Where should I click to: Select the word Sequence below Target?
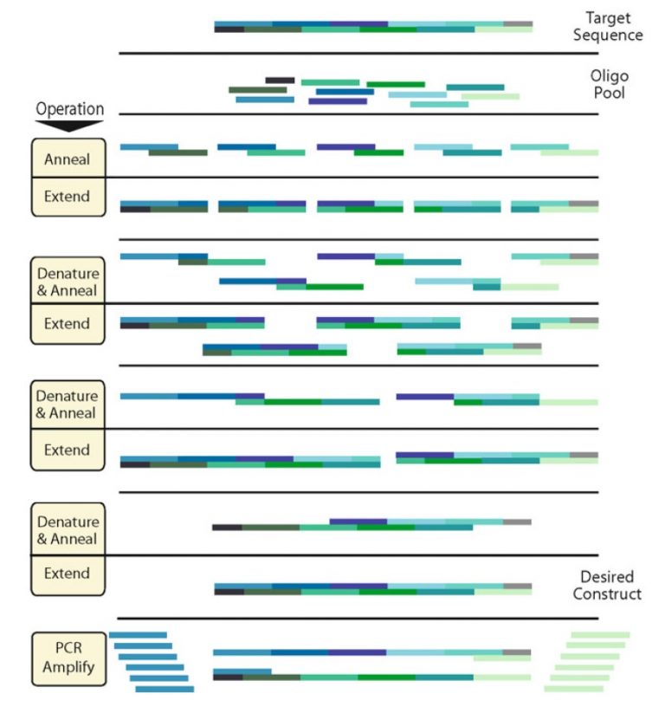pyautogui.click(x=607, y=36)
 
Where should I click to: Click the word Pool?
pyautogui.click(x=608, y=94)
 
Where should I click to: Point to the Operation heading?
pyautogui.click(x=69, y=109)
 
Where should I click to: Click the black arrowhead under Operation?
pyautogui.click(x=69, y=125)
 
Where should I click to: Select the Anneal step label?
pyautogui.click(x=68, y=159)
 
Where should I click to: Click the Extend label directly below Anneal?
pyautogui.click(x=68, y=197)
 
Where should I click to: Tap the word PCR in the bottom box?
pyautogui.click(x=68, y=651)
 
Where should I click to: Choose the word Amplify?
pyautogui.click(x=68, y=668)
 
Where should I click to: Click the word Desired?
pyautogui.click(x=607, y=577)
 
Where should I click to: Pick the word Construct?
pyautogui.click(x=607, y=594)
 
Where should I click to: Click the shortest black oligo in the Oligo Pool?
pyautogui.click(x=280, y=80)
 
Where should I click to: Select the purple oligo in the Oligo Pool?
pyautogui.click(x=337, y=101)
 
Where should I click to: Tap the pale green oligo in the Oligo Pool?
pyautogui.click(x=490, y=96)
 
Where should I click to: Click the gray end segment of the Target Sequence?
pyautogui.click(x=517, y=24)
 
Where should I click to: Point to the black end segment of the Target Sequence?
pyautogui.click(x=229, y=29)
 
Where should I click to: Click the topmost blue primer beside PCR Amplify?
pyautogui.click(x=138, y=635)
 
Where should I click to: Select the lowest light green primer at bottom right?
pyautogui.click(x=572, y=689)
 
